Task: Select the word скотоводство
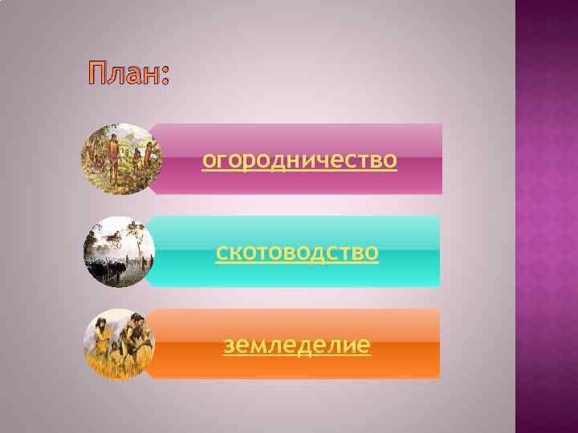[298, 253]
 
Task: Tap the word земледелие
[297, 346]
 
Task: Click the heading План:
[128, 76]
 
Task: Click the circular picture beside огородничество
[120, 160]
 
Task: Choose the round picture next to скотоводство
[120, 253]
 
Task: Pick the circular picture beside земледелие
[120, 344]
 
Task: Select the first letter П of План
[97, 76]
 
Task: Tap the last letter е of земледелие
[364, 346]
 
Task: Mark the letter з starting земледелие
[230, 346]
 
